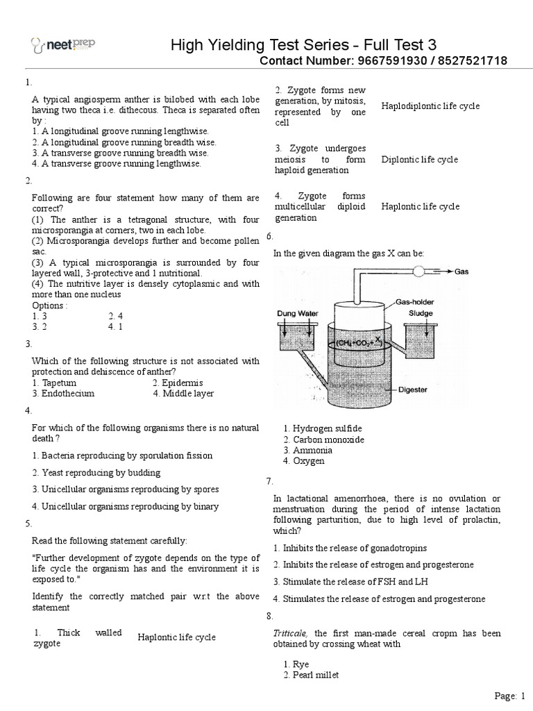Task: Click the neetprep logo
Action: click(63, 45)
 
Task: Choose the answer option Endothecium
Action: click(63, 393)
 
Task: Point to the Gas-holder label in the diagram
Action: click(416, 302)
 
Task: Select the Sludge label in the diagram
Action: click(420, 313)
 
